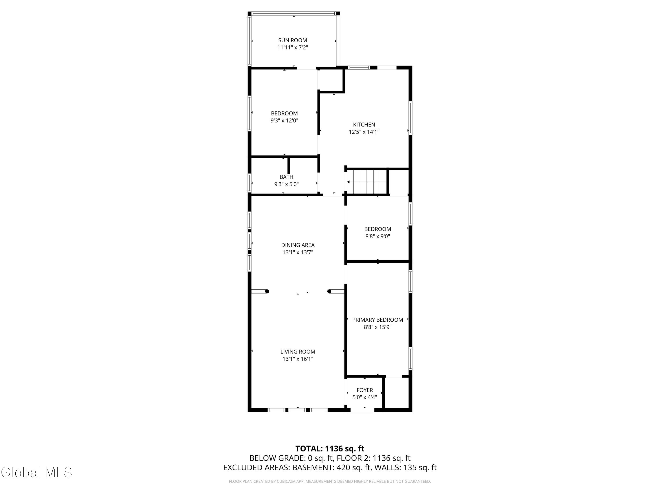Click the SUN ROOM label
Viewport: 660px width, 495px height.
pyautogui.click(x=292, y=40)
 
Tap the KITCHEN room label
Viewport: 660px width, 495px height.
pyautogui.click(x=364, y=125)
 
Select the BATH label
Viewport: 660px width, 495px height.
pyautogui.click(x=286, y=177)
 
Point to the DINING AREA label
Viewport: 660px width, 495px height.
pyautogui.click(x=298, y=245)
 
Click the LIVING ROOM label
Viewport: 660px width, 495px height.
pyautogui.click(x=298, y=352)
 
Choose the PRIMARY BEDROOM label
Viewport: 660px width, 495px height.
pyautogui.click(x=378, y=320)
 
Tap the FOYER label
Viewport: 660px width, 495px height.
pyautogui.click(x=365, y=390)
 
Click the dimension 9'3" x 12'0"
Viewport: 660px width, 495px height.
pyautogui.click(x=284, y=121)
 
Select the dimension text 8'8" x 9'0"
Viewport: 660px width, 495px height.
pyautogui.click(x=378, y=236)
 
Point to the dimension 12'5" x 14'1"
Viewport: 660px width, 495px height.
pyautogui.click(x=364, y=132)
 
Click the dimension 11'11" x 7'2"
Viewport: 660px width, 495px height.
pyautogui.click(x=292, y=48)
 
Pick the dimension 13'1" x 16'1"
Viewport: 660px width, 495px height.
pyautogui.click(x=298, y=359)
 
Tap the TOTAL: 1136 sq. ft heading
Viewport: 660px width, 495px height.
pyautogui.click(x=330, y=449)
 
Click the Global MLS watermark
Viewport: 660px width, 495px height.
pyautogui.click(x=36, y=472)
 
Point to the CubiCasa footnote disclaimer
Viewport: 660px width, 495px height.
pyautogui.click(x=330, y=481)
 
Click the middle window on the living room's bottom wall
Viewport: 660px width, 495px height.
pyautogui.click(x=297, y=410)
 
